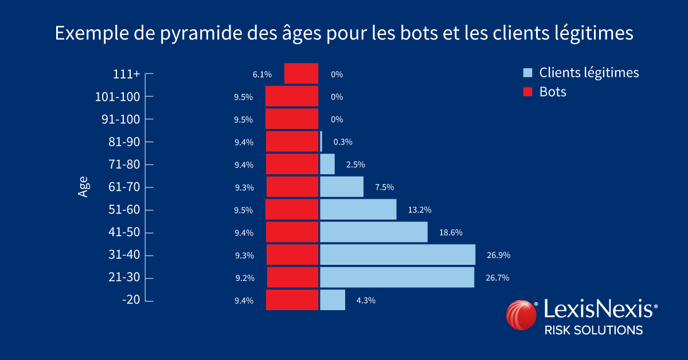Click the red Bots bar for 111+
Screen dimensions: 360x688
(301, 74)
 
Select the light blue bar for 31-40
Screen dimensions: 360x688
(397, 255)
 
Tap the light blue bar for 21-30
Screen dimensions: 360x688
(397, 277)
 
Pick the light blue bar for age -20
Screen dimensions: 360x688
(333, 300)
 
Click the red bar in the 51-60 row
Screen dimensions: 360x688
(292, 209)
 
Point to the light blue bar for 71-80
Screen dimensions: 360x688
(327, 165)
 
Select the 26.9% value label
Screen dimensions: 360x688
(498, 255)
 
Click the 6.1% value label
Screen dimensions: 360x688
(261, 75)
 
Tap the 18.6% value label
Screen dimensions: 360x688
(451, 232)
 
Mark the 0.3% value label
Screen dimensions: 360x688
(342, 142)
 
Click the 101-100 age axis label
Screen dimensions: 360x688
(117, 97)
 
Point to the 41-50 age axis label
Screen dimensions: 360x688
(124, 233)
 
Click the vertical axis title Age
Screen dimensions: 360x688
(83, 187)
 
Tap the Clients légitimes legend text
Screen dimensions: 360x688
(589, 73)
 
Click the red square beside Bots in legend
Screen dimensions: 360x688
(528, 92)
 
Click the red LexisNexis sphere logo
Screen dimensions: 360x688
(521, 316)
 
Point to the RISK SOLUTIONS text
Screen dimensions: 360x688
(593, 330)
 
